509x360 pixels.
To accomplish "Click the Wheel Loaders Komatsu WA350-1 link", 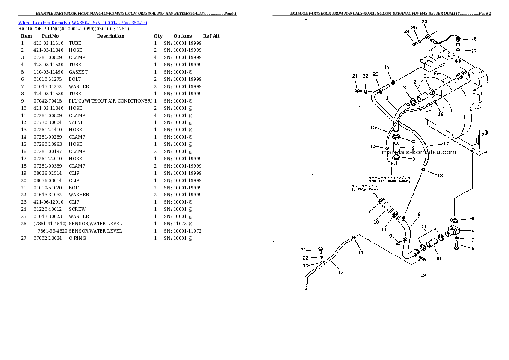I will coord(83,22).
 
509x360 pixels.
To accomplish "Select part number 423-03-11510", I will coord(48,43).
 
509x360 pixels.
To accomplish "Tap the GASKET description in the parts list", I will coord(78,72).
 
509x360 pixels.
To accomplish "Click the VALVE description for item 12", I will coord(76,122).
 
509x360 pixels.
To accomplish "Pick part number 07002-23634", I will coord(48,238).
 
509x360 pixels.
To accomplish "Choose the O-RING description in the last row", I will coord(77,238).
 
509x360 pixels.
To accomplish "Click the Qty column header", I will coord(158,36).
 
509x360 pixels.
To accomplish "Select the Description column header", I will coord(110,36).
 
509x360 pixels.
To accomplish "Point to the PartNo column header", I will coord(50,36).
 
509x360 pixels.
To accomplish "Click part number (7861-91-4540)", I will coord(50,224).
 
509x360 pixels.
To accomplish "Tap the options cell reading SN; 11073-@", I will coord(178,224).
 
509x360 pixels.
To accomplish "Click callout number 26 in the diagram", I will coord(473,39).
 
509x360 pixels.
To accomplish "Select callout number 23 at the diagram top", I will coord(424,21).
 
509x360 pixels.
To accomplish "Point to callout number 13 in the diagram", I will coord(340,272).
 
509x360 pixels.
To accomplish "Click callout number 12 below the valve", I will coord(423,275).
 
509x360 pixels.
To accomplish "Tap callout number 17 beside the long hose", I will coord(446,144).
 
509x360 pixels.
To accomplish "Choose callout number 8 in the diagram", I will coord(419,215).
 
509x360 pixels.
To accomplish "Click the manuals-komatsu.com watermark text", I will coord(419,152).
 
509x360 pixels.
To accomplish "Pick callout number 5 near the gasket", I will coord(473,219).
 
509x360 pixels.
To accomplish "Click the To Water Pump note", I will coord(365,188).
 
